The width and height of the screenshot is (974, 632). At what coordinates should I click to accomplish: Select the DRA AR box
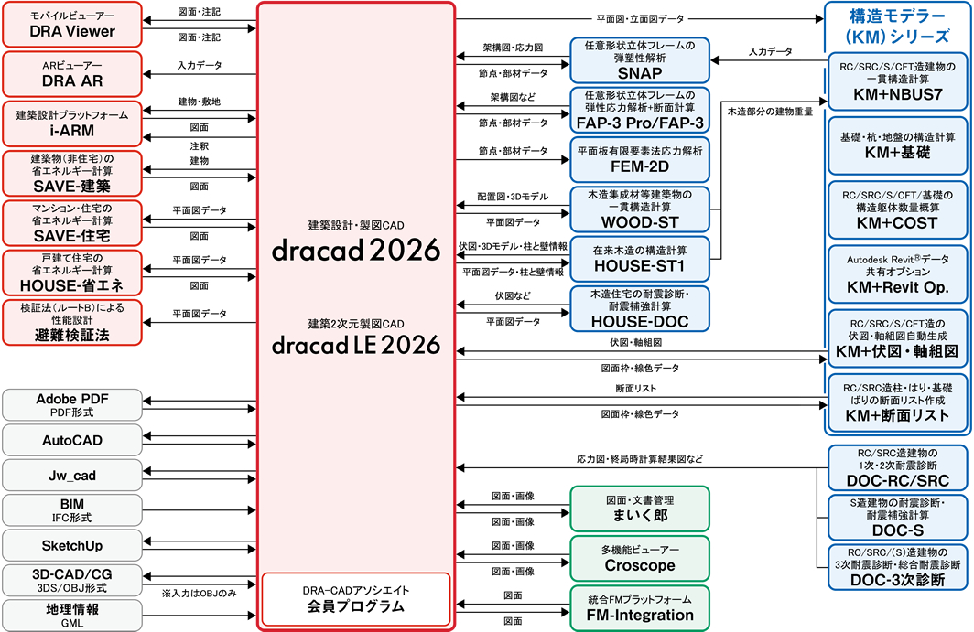point(72,74)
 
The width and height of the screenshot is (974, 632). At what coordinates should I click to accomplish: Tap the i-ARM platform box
point(72,123)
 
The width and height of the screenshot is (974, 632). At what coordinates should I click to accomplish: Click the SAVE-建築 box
point(72,173)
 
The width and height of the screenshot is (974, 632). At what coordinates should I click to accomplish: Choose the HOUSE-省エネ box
point(72,272)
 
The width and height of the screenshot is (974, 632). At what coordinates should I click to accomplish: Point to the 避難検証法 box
point(72,322)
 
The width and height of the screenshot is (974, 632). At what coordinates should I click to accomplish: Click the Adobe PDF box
point(72,404)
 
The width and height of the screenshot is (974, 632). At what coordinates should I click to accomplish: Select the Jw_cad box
point(72,475)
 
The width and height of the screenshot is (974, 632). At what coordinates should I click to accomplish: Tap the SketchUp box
point(72,545)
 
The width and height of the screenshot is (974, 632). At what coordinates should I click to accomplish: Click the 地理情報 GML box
point(72,614)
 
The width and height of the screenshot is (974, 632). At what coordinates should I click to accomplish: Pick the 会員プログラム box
point(356,600)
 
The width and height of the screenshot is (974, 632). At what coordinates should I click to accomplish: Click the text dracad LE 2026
point(356,345)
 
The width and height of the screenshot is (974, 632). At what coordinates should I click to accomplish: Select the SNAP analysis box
point(639,60)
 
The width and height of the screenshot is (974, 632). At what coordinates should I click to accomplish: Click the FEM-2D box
point(639,159)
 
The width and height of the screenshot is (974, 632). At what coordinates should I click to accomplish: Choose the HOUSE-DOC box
point(639,309)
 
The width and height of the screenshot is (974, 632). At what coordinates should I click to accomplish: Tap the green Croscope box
point(639,558)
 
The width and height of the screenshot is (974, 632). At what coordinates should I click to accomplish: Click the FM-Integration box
point(639,608)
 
